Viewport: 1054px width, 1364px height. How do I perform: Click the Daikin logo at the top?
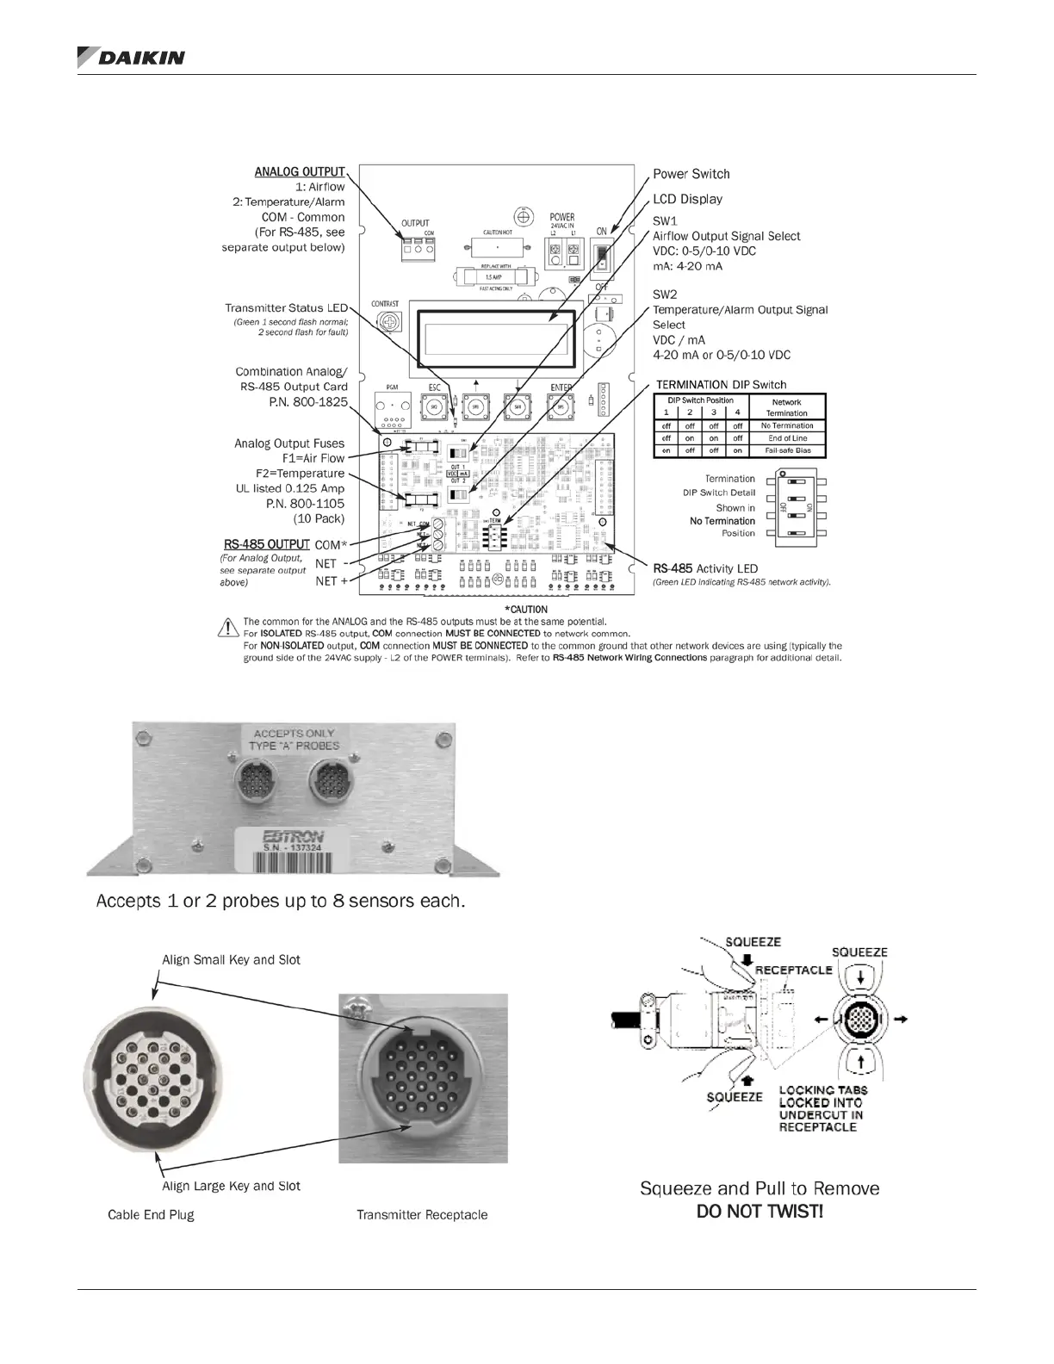(131, 57)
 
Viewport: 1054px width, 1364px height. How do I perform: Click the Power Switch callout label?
(691, 174)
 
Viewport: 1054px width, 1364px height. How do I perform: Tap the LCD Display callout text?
(687, 199)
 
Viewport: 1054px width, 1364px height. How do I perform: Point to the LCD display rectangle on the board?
(495, 338)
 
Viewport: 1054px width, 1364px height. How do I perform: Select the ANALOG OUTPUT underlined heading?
(299, 172)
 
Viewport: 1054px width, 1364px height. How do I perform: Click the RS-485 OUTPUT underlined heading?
(266, 544)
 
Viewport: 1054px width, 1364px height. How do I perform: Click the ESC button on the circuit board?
(435, 406)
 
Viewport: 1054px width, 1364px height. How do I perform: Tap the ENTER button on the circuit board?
(561, 406)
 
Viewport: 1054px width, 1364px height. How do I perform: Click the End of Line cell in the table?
(786, 438)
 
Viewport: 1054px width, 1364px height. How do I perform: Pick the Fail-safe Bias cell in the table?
(786, 450)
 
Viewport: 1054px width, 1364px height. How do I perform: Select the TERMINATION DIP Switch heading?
(721, 385)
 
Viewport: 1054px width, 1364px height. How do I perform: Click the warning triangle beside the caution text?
(229, 626)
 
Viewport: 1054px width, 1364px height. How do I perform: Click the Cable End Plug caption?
(151, 1215)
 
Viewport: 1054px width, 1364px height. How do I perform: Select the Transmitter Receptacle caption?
(422, 1215)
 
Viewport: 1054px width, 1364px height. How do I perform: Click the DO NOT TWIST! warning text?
(759, 1212)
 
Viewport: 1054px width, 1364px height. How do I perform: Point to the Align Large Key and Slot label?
(231, 1186)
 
